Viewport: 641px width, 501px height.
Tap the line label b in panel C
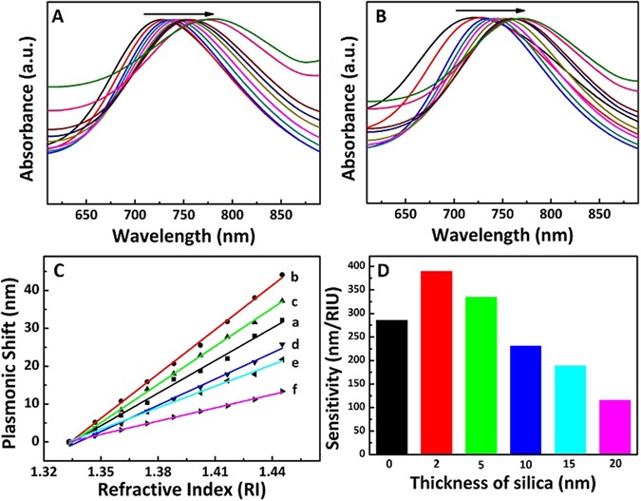coord(294,277)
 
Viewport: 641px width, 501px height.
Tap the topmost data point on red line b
coord(282,275)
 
